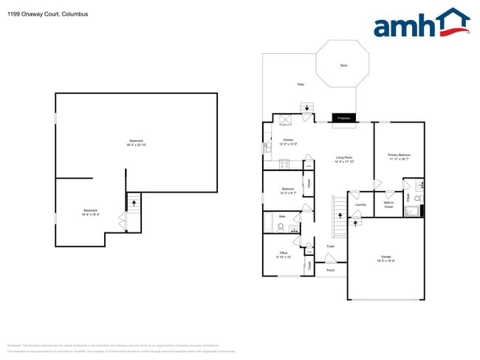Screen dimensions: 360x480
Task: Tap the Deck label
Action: pos(343,66)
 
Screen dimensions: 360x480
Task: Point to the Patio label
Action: pos(301,85)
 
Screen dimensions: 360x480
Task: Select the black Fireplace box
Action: pos(343,118)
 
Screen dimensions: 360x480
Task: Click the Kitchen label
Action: pos(288,142)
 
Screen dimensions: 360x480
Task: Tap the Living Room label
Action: pos(344,159)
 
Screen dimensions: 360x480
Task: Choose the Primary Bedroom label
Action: pos(398,156)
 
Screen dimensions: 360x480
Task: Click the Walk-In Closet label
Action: pos(388,204)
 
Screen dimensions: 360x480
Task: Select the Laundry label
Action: pos(360,204)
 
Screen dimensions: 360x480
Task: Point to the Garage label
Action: pos(385,258)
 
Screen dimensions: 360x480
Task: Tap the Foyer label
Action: pos(331,246)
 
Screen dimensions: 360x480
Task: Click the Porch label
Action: pos(330,270)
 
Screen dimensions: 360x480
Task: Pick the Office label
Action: pos(284,255)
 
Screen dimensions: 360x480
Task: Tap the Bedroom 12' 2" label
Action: pos(288,190)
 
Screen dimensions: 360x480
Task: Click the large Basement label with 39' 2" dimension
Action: pos(136,142)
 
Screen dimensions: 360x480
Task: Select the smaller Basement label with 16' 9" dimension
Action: pos(90,213)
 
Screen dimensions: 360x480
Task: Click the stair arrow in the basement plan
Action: pos(134,199)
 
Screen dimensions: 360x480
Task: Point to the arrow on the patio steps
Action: pos(307,108)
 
